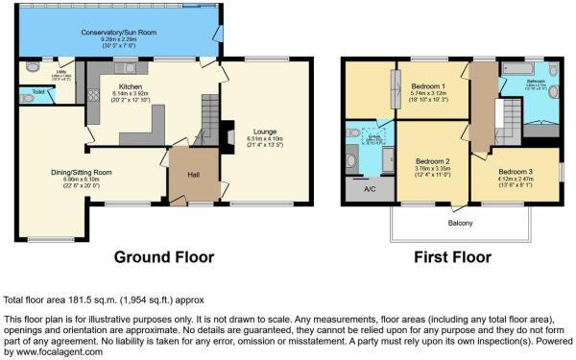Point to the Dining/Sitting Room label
(x=82, y=173)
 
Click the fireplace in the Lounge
(x=228, y=136)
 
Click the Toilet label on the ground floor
(x=37, y=93)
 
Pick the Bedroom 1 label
(x=434, y=85)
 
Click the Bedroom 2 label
(x=433, y=160)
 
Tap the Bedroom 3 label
(x=516, y=171)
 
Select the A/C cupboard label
(x=370, y=189)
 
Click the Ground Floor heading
(x=163, y=256)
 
